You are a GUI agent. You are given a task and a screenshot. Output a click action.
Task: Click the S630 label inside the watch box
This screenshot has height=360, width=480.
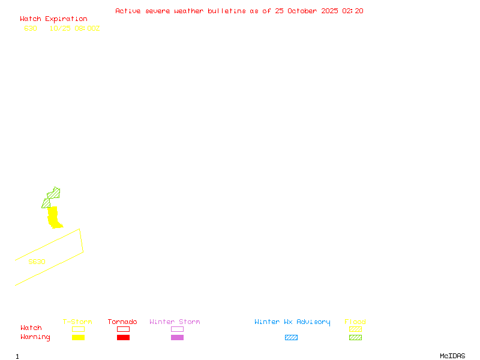(37, 262)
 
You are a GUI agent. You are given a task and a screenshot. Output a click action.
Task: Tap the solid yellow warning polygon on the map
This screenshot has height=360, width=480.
(54, 217)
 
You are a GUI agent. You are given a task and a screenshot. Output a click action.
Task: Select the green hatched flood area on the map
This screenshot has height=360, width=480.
(53, 194)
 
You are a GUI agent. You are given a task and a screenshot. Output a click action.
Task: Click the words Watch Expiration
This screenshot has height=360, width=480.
(53, 19)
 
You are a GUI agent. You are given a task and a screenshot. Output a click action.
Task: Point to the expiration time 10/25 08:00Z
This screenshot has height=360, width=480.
(74, 28)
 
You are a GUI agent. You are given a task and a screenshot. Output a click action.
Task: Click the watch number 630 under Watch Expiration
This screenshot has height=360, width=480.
(31, 28)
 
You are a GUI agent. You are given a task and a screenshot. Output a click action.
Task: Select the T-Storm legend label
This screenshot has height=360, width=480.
(77, 322)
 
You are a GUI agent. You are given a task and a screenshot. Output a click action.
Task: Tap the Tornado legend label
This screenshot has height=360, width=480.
(122, 322)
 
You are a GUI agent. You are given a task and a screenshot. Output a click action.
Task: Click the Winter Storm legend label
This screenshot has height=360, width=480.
(175, 322)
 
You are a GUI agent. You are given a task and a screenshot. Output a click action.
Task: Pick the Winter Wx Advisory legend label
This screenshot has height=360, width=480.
(292, 322)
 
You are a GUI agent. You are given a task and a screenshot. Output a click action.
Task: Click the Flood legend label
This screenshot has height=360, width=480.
(355, 322)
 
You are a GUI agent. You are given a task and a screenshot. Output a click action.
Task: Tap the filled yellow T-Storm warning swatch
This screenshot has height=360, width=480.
(78, 338)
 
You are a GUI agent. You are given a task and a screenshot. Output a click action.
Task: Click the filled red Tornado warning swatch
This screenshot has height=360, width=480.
(123, 338)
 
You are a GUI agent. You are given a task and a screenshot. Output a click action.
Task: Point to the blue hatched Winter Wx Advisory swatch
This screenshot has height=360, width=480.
(291, 338)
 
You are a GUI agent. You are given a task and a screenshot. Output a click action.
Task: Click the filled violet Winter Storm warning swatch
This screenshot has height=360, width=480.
(177, 338)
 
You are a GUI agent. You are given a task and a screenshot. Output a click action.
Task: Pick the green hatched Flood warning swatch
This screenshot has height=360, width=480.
(355, 338)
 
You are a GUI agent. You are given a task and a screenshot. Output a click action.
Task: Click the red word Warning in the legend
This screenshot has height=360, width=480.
(35, 337)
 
